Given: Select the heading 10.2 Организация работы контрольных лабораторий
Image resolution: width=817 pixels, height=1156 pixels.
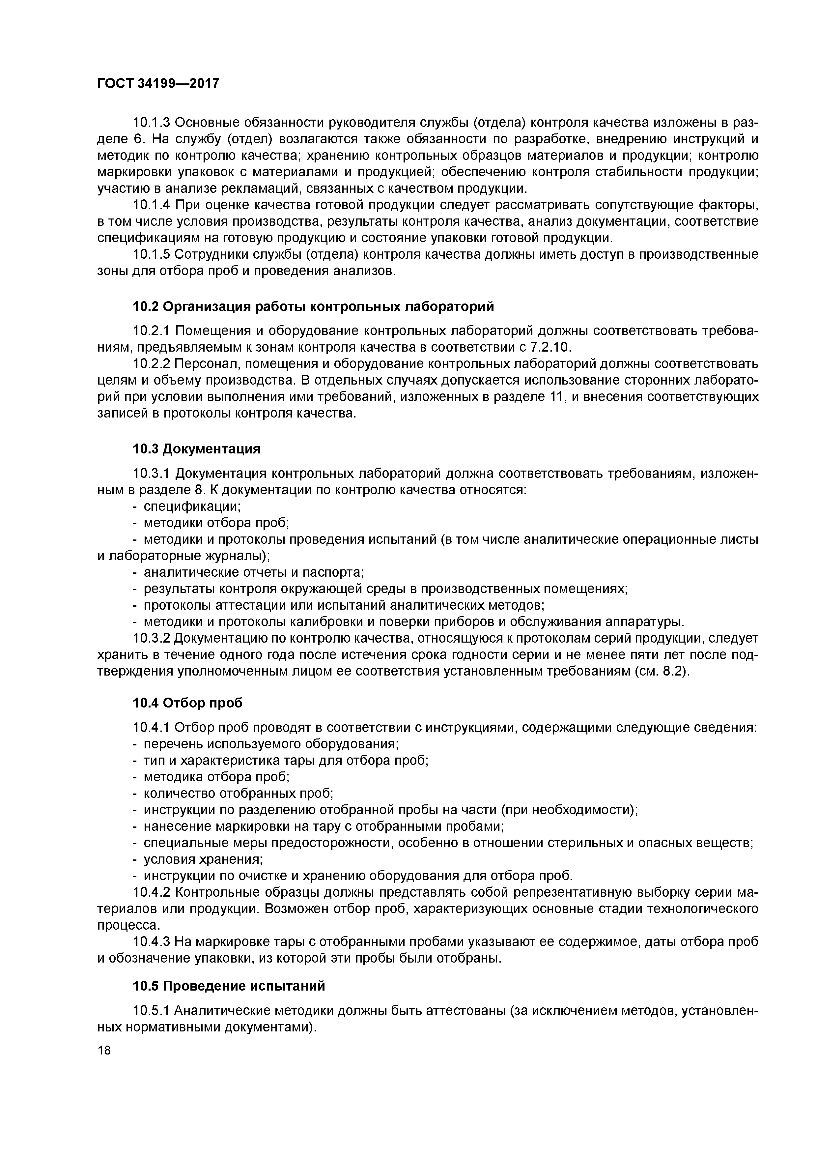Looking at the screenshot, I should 313,306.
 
